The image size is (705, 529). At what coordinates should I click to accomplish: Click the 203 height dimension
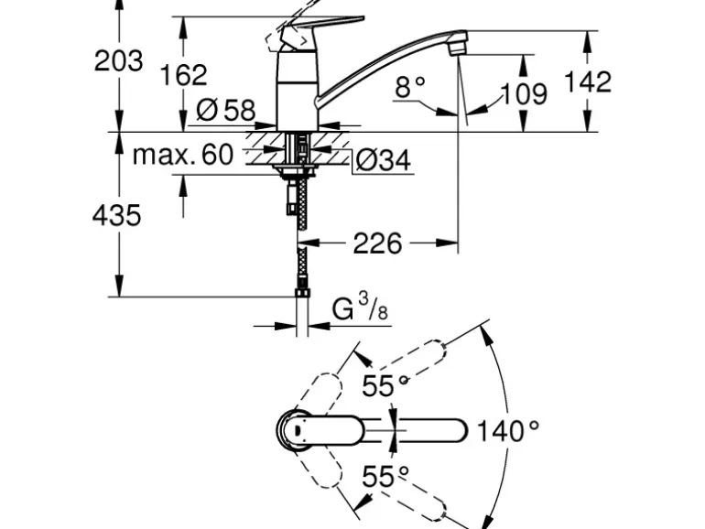click(119, 60)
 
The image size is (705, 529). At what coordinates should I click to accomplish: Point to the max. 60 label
click(183, 155)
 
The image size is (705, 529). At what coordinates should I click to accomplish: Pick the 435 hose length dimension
click(117, 215)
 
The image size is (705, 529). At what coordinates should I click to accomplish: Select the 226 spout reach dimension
click(377, 243)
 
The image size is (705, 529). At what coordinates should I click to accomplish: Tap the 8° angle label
click(410, 87)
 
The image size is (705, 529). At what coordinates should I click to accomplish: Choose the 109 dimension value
click(523, 93)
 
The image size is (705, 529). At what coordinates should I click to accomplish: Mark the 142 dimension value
click(586, 81)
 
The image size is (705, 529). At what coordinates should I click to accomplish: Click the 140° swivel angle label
click(508, 430)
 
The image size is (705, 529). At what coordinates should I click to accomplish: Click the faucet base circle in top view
click(295, 429)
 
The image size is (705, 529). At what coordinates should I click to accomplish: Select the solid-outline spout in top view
click(421, 430)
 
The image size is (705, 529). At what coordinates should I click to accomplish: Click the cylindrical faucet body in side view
click(298, 92)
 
